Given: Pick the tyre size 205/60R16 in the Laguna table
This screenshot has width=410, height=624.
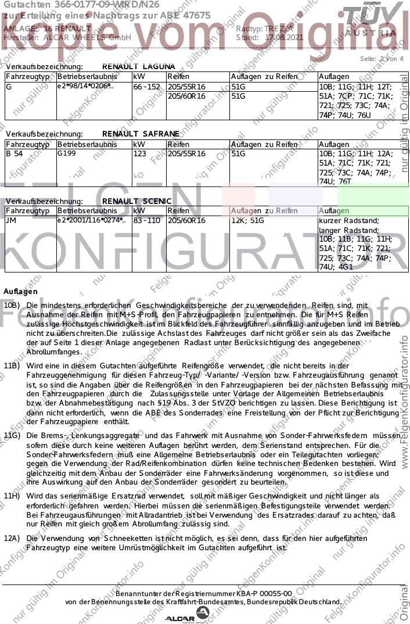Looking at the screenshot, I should click(x=186, y=96).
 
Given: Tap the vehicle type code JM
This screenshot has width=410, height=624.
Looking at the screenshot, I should click(x=11, y=221).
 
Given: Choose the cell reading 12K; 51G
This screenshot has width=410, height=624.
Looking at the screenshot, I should click(x=247, y=221).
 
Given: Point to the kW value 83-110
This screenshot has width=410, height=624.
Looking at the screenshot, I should click(x=146, y=221).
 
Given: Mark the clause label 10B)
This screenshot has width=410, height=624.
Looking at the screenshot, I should click(x=12, y=305).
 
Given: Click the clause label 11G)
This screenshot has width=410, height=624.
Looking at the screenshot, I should click(x=12, y=435).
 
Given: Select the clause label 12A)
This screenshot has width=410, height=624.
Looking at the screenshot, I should click(x=12, y=539).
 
